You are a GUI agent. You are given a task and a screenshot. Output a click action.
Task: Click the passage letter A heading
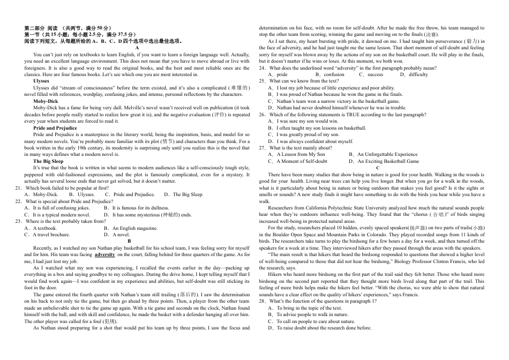137,48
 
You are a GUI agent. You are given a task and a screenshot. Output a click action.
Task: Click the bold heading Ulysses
41,81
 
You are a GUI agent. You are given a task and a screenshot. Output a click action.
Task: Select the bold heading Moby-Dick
46,101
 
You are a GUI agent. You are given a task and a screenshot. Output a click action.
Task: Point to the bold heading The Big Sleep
48,161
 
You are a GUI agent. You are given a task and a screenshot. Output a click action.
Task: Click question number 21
19,188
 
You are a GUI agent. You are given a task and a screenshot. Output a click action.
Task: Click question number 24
263,68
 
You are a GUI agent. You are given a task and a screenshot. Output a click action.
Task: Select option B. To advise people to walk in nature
312,314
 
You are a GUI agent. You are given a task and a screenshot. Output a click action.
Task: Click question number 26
263,115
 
